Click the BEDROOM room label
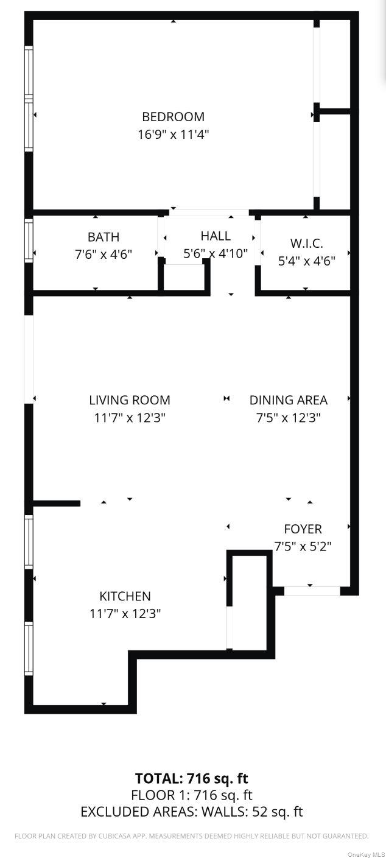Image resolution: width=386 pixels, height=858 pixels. coord(173,116)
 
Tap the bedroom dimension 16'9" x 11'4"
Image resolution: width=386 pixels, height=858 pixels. coord(173,134)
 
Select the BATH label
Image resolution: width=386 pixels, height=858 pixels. coord(104,237)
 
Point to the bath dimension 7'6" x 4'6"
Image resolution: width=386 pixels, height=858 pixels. coord(104,254)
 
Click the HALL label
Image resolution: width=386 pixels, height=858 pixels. coord(216,236)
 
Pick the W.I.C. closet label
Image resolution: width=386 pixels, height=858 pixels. coord(306,244)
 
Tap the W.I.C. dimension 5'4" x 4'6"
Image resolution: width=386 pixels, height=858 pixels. coord(306,261)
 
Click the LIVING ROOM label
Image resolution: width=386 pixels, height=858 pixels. coord(130,400)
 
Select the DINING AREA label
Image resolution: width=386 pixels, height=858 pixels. coord(288,400)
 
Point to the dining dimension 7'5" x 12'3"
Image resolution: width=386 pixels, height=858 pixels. coord(288,418)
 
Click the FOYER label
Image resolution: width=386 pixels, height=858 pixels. coord(303,529)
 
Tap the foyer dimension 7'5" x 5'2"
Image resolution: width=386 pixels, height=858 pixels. coord(303,546)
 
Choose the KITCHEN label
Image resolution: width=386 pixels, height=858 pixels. coord(125,596)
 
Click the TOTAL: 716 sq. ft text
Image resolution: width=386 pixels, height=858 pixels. coord(191,778)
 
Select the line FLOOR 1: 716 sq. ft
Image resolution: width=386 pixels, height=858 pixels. coord(191,795)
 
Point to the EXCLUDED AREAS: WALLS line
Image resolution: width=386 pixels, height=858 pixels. coord(191,812)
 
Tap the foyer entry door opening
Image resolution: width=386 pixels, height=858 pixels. coord(312,591)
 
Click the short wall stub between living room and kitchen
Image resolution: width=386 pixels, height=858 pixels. coord(56,503)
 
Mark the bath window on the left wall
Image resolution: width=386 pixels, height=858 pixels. coord(29,241)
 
